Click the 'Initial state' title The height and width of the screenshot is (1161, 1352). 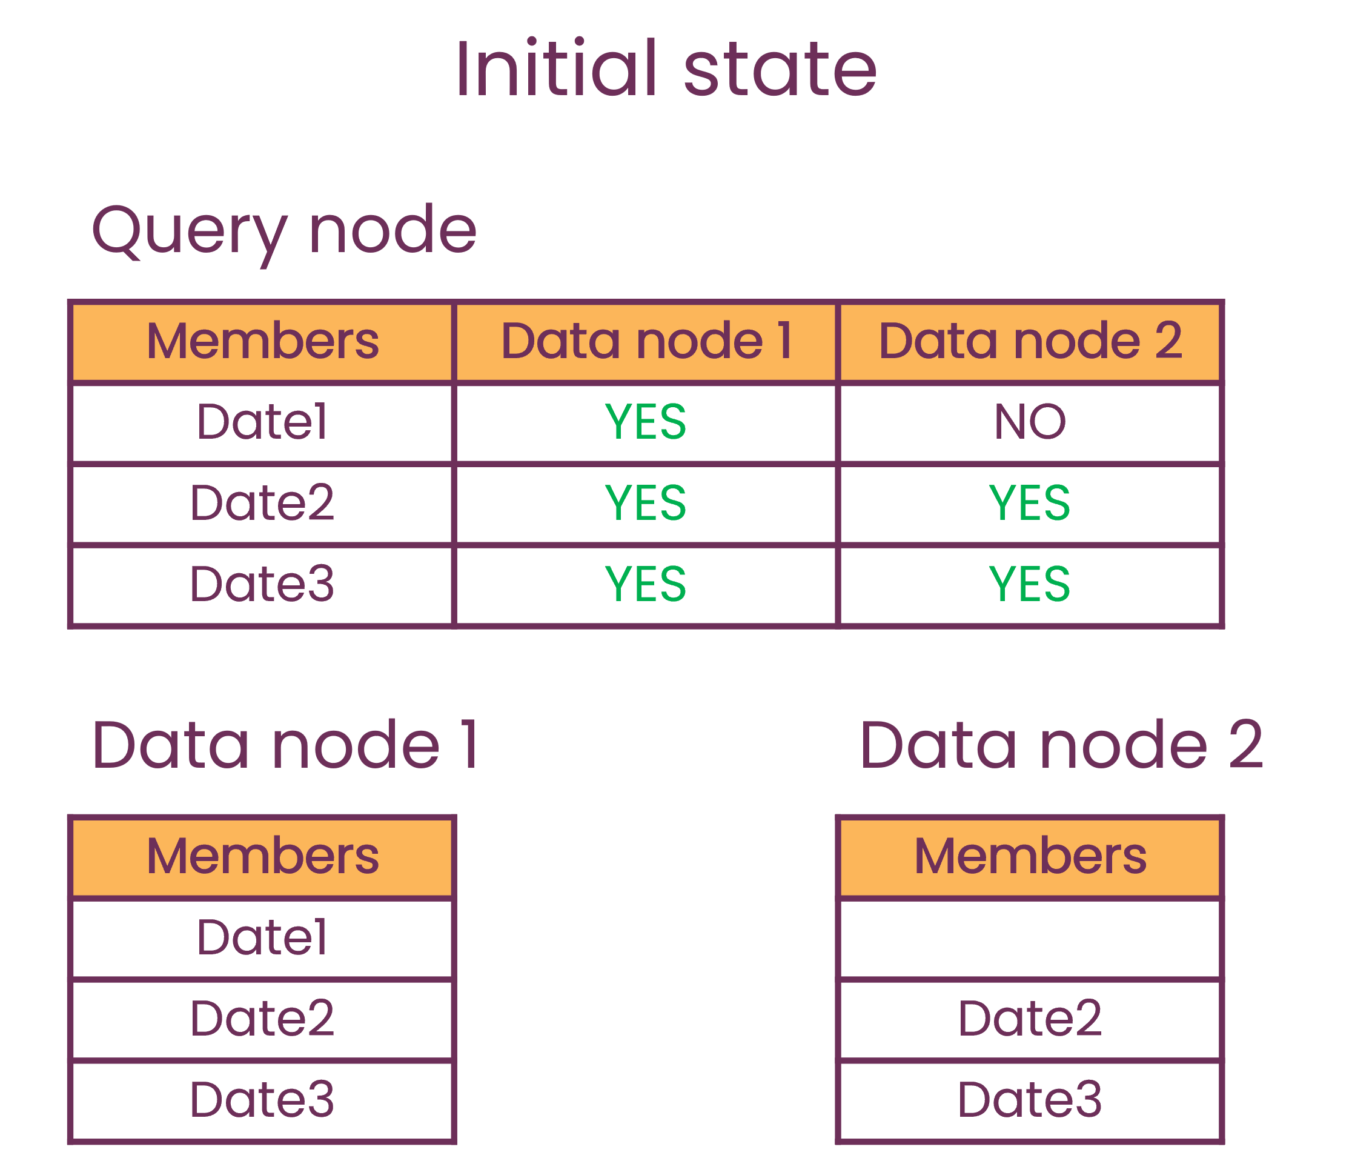point(666,68)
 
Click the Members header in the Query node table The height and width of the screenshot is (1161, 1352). point(262,341)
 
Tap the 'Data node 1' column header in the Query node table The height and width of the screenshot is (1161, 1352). point(646,341)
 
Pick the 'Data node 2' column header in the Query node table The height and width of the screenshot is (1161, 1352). point(1030,341)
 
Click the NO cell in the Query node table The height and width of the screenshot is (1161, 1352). point(1030,422)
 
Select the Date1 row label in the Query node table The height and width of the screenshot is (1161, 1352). point(262,422)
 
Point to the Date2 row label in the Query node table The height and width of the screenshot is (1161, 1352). point(262,502)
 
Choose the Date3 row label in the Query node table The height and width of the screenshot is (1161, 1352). point(262,584)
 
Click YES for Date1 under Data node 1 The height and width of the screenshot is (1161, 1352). point(646,422)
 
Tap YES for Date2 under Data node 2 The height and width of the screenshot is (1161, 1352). point(1030,502)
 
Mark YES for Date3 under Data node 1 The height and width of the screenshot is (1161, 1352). point(646,584)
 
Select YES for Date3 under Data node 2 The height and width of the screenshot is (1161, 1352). point(1030,584)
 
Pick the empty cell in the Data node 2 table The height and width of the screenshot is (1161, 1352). point(1030,938)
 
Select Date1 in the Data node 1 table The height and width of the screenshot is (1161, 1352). point(262,938)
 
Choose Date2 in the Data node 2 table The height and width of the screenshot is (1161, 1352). point(1030,1018)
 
